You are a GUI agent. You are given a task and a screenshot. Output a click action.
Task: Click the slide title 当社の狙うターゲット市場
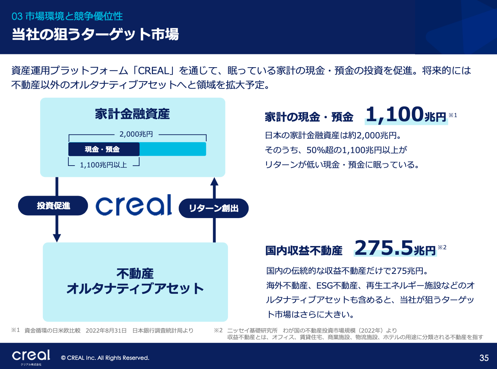pos(95,35)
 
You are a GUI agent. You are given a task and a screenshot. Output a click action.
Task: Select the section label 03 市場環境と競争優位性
pos(67,17)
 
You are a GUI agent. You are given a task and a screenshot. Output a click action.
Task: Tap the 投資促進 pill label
pos(53,206)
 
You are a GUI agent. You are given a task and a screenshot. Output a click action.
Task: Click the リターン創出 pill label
pos(214,208)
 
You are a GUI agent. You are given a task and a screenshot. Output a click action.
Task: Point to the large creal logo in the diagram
pos(134,205)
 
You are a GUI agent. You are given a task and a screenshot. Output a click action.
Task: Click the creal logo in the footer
pos(31,355)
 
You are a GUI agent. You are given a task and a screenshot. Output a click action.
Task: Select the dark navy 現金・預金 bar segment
pos(104,149)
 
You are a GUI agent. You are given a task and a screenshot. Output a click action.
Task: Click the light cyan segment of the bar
pos(173,149)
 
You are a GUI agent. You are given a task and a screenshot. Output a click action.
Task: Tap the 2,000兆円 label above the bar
pos(136,134)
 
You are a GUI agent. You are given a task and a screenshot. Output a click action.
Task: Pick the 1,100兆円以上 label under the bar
pos(103,165)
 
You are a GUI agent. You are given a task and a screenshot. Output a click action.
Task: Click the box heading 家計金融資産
pos(132,114)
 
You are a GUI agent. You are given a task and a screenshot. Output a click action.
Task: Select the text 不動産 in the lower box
pos(135,274)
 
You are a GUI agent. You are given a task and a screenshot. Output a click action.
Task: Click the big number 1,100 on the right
pos(394,115)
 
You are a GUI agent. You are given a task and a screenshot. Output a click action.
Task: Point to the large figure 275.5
pos(384,247)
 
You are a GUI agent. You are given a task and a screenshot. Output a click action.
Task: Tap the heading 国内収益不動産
pos(304,250)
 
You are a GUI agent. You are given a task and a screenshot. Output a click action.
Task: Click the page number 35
pos(484,358)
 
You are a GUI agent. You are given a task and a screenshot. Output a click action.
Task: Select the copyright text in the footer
pos(105,358)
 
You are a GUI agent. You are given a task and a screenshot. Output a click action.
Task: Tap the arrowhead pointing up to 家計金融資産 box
pos(214,181)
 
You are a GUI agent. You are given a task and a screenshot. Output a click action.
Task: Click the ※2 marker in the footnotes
pos(218,330)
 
